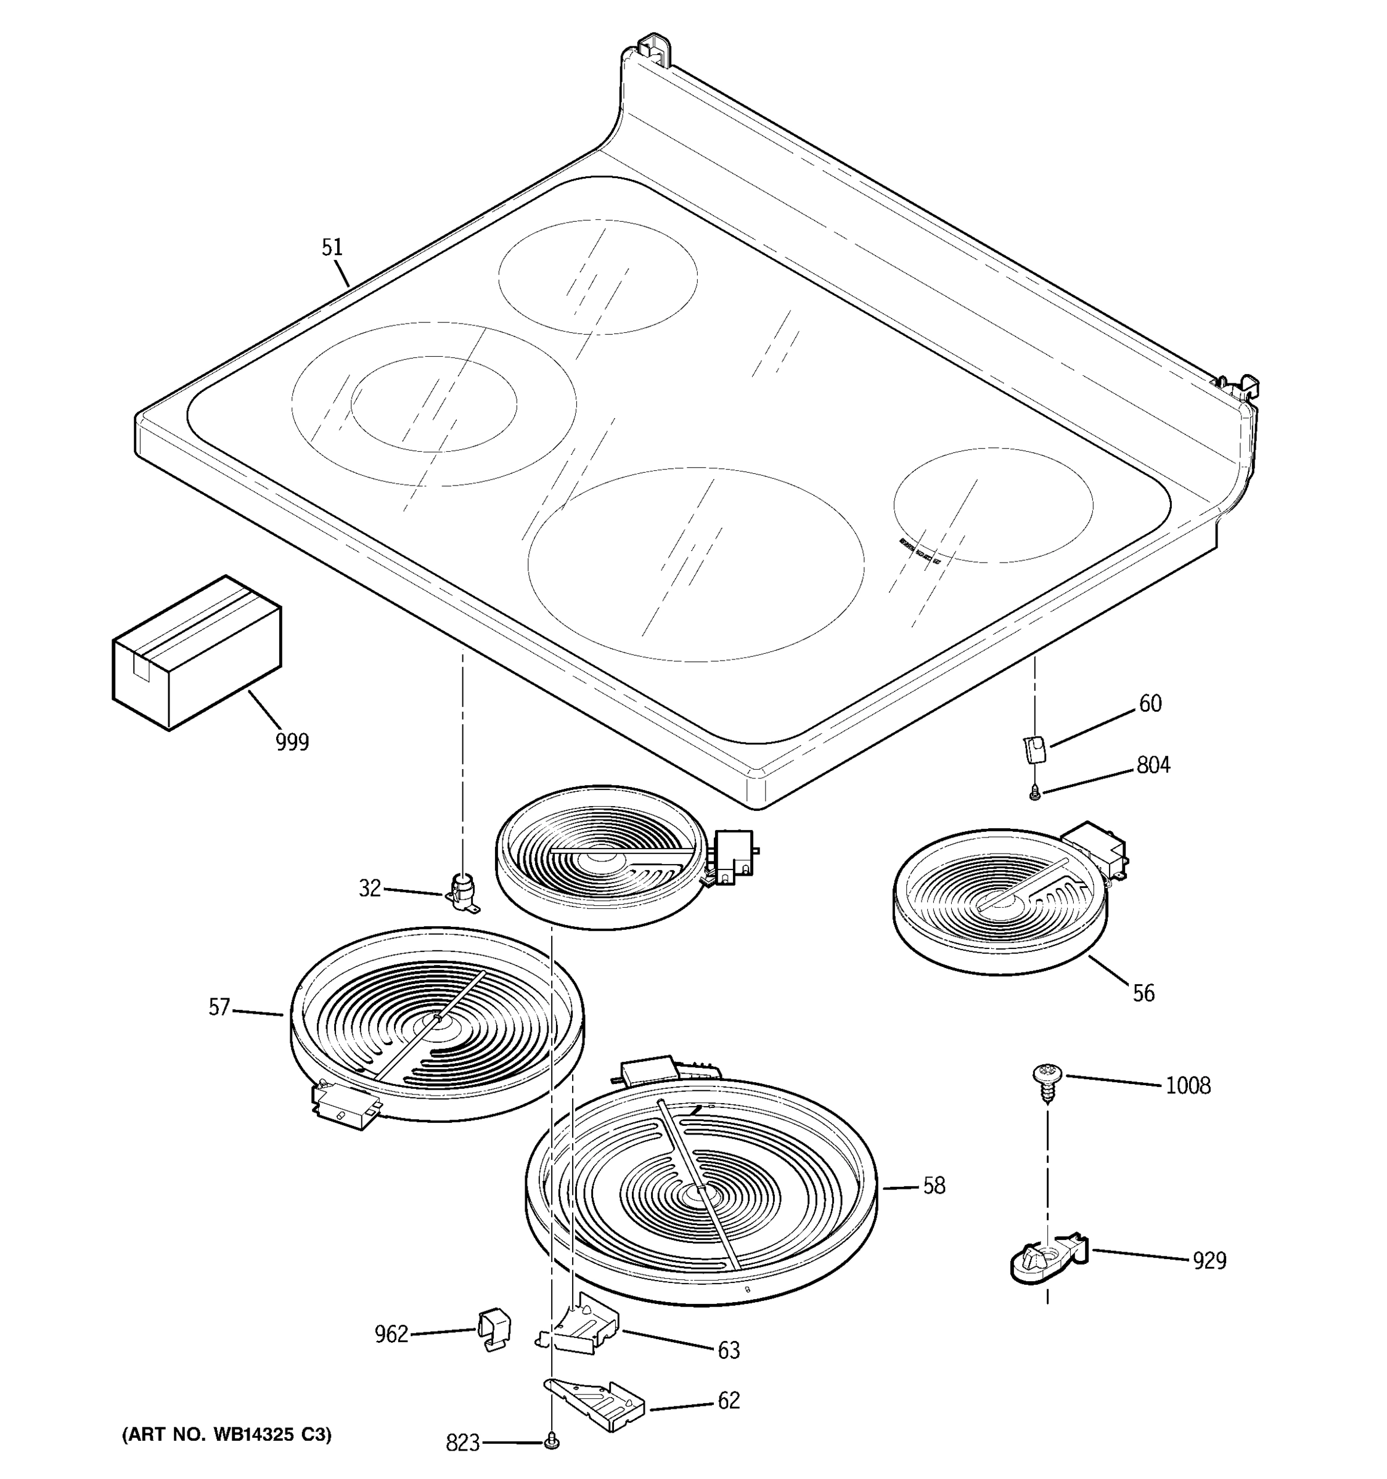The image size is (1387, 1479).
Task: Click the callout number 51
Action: coord(332,248)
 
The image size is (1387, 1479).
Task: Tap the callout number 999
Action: coord(292,742)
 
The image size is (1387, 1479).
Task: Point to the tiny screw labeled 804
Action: coord(1034,794)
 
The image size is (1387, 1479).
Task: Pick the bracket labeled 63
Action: coord(583,1332)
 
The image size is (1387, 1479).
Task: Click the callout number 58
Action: coord(934,1185)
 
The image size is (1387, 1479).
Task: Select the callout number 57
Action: coord(219,1008)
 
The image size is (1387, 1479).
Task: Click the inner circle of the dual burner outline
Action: coord(434,403)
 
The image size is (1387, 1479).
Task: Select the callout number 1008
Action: coord(1188,1086)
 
